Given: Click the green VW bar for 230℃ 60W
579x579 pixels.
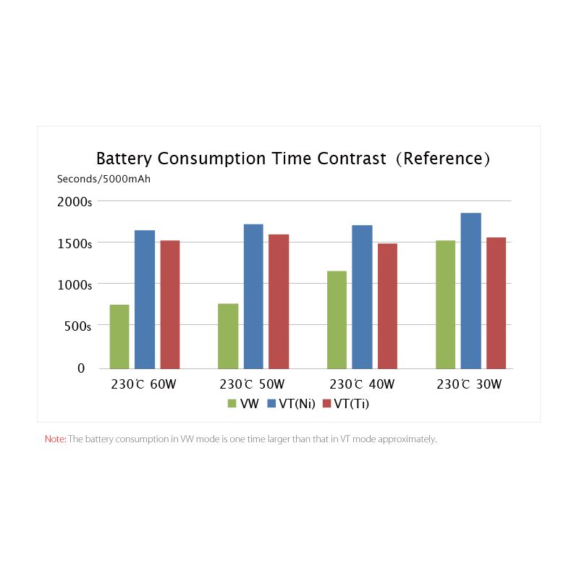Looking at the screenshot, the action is coord(119,337).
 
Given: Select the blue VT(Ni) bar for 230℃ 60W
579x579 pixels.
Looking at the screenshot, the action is coord(145,299).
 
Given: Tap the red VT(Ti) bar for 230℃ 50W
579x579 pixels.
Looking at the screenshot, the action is coord(279,301).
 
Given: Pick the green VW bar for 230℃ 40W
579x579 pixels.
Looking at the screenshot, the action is coord(337,320).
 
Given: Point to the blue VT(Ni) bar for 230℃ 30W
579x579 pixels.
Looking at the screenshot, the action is coord(471,291).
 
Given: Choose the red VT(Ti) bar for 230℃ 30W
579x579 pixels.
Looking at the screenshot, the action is coord(496,303).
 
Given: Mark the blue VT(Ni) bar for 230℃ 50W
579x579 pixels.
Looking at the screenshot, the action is coord(254,296).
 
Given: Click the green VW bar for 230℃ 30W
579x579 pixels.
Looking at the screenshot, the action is coord(446,304).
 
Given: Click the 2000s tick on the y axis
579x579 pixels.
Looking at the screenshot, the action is coord(75,202).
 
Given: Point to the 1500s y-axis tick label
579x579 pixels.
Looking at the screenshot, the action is coord(75,244).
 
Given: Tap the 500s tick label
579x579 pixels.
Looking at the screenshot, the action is coord(78,326).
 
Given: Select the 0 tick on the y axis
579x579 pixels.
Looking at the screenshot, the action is coord(81,368).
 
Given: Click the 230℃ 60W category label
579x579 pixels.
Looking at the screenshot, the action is coord(143,384).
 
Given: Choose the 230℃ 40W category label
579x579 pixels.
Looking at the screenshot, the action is coord(362,384).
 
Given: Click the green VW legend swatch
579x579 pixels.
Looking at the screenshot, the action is coord(232,404).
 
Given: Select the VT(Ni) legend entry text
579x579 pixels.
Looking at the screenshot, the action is coord(297,404).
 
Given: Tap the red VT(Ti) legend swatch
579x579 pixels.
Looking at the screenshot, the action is coord(327,404).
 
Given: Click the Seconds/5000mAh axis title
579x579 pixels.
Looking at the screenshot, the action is coord(103,179).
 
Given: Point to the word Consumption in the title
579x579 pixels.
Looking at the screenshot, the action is coord(211,159).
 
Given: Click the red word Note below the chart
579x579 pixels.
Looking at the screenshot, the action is coord(56,439).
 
